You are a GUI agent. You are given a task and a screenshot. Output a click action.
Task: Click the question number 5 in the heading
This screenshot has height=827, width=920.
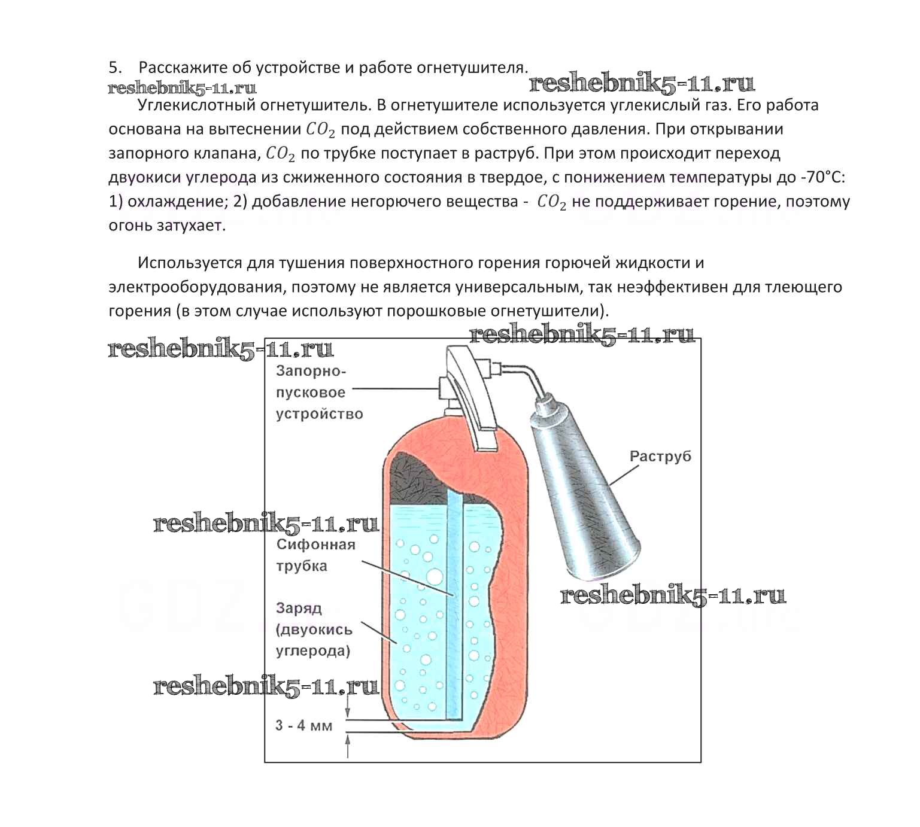coord(114,68)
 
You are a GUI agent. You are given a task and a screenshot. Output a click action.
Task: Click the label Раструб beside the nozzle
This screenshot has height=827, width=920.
coord(660,456)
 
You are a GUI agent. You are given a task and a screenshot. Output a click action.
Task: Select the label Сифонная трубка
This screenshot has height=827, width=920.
coord(315,555)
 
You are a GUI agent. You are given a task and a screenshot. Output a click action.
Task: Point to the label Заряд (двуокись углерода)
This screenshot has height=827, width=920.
coord(314,630)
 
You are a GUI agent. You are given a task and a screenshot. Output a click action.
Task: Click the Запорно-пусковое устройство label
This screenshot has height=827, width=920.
coord(319,393)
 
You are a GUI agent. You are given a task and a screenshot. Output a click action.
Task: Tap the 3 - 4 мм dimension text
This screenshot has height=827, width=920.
coord(303,725)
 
